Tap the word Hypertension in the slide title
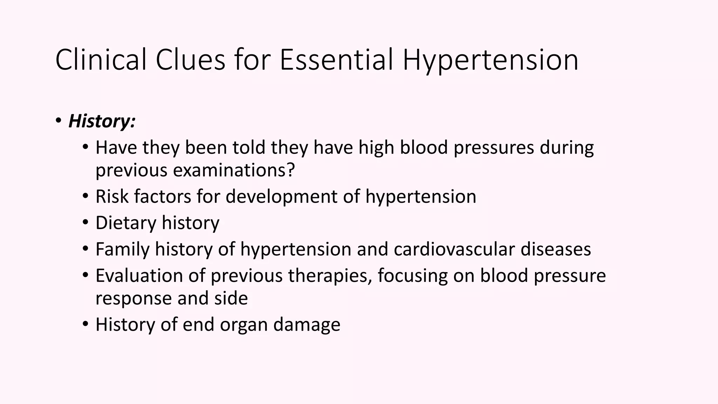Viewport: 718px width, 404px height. pyautogui.click(x=490, y=60)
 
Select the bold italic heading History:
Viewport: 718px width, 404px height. pyautogui.click(x=102, y=121)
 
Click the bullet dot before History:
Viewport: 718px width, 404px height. pyautogui.click(x=58, y=121)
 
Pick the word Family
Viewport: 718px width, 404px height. pyautogui.click(x=122, y=249)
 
